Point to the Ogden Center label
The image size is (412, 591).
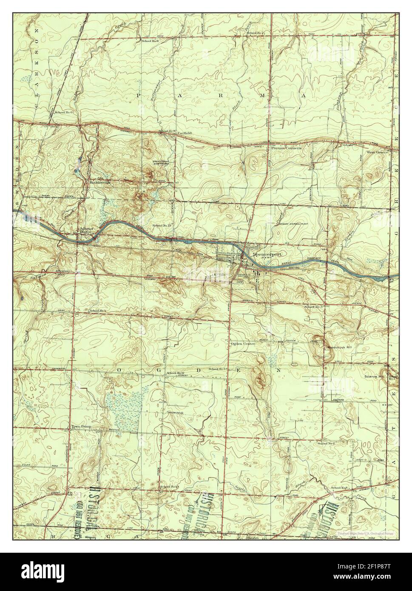(243, 344)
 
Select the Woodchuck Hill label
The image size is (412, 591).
(339, 347)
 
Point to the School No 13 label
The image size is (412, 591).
(161, 225)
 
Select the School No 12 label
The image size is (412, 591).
(176, 373)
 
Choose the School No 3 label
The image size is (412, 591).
(313, 307)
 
